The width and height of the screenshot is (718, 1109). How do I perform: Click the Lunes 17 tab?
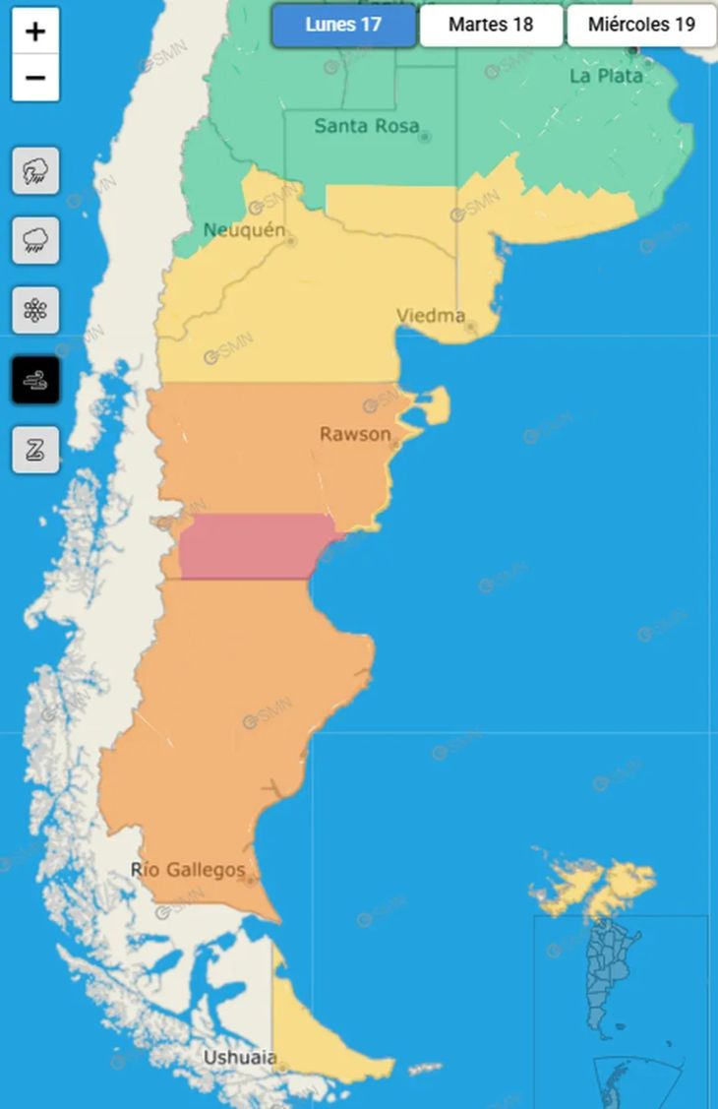point(343,26)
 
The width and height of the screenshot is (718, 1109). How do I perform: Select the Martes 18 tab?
point(491,26)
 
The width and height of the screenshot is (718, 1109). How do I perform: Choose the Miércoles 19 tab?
point(641,26)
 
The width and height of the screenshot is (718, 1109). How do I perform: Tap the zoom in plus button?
point(35,31)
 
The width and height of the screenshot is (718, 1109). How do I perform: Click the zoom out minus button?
point(35,78)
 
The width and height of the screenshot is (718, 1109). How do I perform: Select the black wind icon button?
point(35,380)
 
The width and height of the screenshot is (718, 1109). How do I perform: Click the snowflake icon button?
point(35,311)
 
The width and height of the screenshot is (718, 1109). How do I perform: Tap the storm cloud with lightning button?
point(35,171)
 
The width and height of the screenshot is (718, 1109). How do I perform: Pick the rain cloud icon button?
point(35,240)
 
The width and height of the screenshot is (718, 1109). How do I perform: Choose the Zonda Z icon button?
point(35,450)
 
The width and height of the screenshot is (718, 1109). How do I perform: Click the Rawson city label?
point(355,434)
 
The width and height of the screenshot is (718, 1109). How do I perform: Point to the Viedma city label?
point(431,316)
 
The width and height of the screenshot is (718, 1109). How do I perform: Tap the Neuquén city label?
point(244,230)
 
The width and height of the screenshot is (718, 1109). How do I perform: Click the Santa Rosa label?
point(366,126)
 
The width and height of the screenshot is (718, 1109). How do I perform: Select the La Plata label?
point(606,76)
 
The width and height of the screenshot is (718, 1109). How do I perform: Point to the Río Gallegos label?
point(188,870)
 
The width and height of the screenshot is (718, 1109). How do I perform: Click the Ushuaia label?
point(239,1058)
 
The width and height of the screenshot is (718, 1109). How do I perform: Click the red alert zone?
point(256,546)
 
